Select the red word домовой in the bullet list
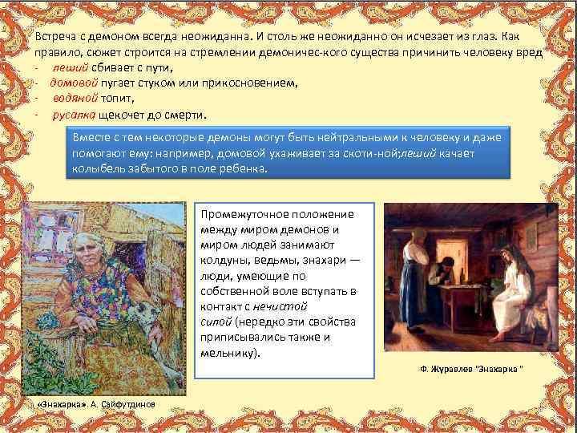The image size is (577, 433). (74, 83)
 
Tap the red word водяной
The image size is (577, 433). (75, 98)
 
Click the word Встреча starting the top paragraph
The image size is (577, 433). (58, 37)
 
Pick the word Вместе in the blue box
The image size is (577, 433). (91, 137)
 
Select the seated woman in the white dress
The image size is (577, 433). (504, 289)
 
